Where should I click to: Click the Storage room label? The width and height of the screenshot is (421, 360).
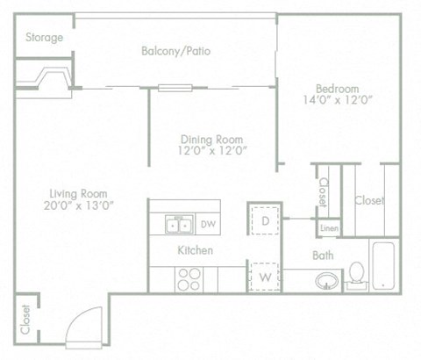pyautogui.click(x=44, y=38)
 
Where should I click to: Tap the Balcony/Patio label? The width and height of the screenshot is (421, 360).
pyautogui.click(x=175, y=51)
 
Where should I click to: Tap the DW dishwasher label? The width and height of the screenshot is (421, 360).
pyautogui.click(x=209, y=225)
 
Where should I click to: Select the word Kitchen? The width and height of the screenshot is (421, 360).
pyautogui.click(x=196, y=250)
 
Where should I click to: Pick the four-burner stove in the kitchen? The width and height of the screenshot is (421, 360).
pyautogui.click(x=189, y=278)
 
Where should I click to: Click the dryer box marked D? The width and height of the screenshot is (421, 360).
pyautogui.click(x=266, y=220)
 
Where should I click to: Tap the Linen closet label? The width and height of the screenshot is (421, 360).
pyautogui.click(x=329, y=228)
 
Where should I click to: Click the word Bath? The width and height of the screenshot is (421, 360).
pyautogui.click(x=322, y=256)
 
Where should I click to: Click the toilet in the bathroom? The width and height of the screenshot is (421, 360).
pyautogui.click(x=358, y=274)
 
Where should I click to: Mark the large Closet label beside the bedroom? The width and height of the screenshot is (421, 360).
pyautogui.click(x=369, y=201)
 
